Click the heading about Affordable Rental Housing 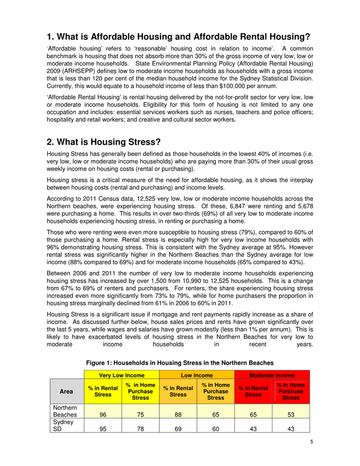[179, 37]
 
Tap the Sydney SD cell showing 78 [141, 427]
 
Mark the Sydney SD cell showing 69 [179, 427]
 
